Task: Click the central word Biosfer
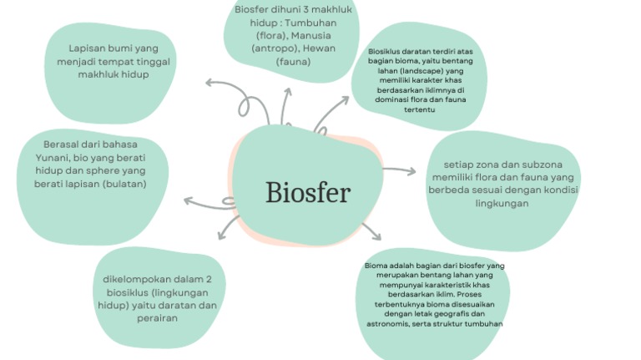coord(308,193)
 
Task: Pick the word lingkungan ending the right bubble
coord(502,203)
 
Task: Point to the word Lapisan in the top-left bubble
coord(90,48)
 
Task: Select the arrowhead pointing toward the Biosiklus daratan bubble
coord(344,101)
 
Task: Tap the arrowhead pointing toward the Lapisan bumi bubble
coord(209,82)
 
